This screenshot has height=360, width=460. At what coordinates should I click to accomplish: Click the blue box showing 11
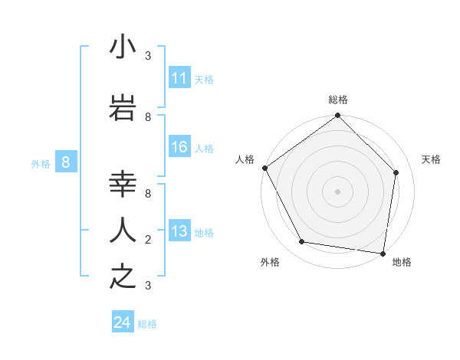tap(179, 78)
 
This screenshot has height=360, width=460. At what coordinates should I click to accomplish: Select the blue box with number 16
tap(179, 147)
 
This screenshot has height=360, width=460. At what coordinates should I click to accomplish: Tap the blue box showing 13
tap(179, 232)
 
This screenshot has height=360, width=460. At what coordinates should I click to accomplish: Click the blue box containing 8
tap(66, 162)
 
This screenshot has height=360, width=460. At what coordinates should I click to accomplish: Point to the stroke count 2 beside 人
tap(148, 239)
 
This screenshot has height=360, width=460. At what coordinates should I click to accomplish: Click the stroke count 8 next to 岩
tap(148, 116)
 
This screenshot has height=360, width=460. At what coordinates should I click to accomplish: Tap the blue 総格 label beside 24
tap(147, 324)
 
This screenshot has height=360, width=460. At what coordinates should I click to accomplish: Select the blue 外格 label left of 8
tap(41, 163)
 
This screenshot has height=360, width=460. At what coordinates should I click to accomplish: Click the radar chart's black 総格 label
tap(338, 100)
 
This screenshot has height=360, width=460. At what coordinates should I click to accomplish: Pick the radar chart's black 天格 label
tap(431, 159)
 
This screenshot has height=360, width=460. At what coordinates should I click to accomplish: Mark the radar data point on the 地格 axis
tap(383, 253)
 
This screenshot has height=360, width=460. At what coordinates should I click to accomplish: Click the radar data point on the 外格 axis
tap(302, 242)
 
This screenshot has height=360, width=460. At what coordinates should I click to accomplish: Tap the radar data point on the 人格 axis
tap(264, 168)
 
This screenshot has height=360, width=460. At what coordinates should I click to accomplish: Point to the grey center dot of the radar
tap(338, 191)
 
